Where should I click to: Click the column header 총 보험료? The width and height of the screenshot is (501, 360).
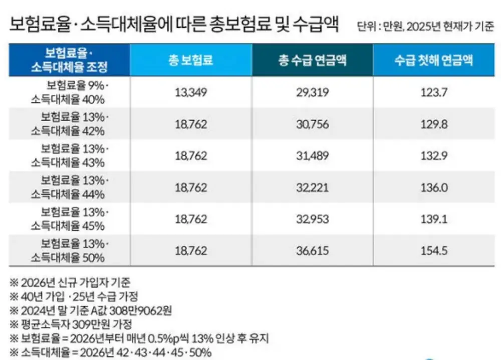191,60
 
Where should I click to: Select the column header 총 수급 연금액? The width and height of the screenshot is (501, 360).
312,60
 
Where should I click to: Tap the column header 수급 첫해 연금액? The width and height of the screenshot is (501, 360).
433,60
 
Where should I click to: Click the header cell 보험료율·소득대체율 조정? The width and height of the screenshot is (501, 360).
69,60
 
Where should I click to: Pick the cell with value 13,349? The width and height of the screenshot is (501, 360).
191,92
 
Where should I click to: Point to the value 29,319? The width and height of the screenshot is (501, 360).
312,92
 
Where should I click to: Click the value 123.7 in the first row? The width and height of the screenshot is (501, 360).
434,92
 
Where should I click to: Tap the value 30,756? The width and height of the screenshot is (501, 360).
312,124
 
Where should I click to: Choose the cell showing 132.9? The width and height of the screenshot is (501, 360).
434,156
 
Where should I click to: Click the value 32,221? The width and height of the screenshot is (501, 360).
312,188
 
